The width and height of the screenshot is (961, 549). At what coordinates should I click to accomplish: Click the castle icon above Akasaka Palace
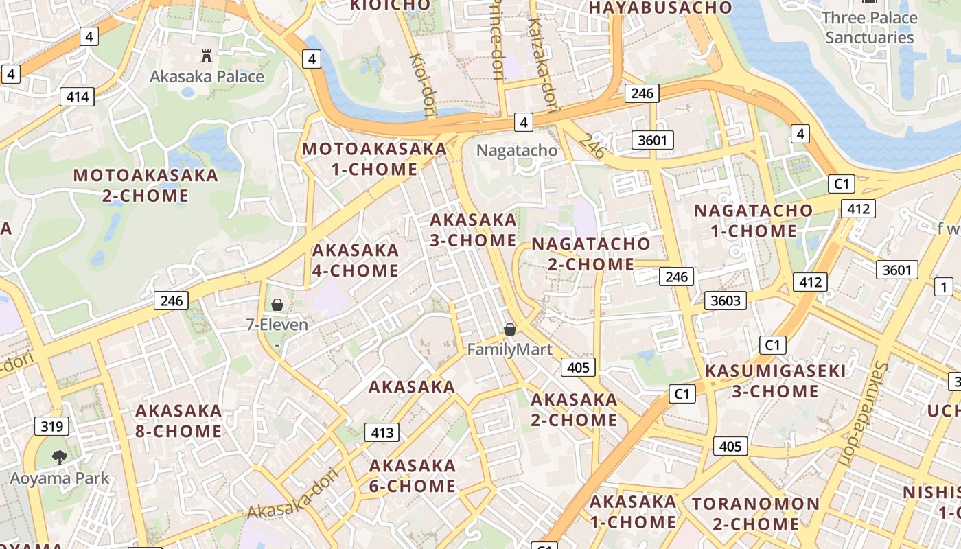[x=206, y=56]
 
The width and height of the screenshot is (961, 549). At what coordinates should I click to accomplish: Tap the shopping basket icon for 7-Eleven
[x=277, y=304]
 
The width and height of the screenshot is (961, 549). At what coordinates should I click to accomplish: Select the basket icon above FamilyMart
[x=510, y=329]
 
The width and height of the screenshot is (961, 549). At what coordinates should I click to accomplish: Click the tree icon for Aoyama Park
[x=60, y=457]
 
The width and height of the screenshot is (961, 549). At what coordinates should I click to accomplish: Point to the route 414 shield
[x=77, y=97]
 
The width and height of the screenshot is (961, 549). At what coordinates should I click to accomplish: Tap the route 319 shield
[x=52, y=426]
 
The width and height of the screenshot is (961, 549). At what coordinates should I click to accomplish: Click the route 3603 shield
[x=726, y=300]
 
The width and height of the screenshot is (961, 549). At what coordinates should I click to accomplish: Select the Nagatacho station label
[x=516, y=150]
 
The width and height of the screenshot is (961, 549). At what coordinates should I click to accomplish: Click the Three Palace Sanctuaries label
[x=870, y=27]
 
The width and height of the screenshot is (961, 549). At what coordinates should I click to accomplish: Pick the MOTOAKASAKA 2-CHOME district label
[x=146, y=185]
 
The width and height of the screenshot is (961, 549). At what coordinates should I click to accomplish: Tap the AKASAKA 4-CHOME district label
[x=356, y=260]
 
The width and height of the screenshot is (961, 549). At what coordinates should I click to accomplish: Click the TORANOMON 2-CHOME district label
[x=755, y=514]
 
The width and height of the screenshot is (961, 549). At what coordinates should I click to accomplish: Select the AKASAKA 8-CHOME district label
[x=178, y=421]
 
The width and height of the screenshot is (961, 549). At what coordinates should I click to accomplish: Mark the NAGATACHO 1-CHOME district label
[x=753, y=220]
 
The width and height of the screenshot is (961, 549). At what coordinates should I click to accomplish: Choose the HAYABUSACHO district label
[x=660, y=8]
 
